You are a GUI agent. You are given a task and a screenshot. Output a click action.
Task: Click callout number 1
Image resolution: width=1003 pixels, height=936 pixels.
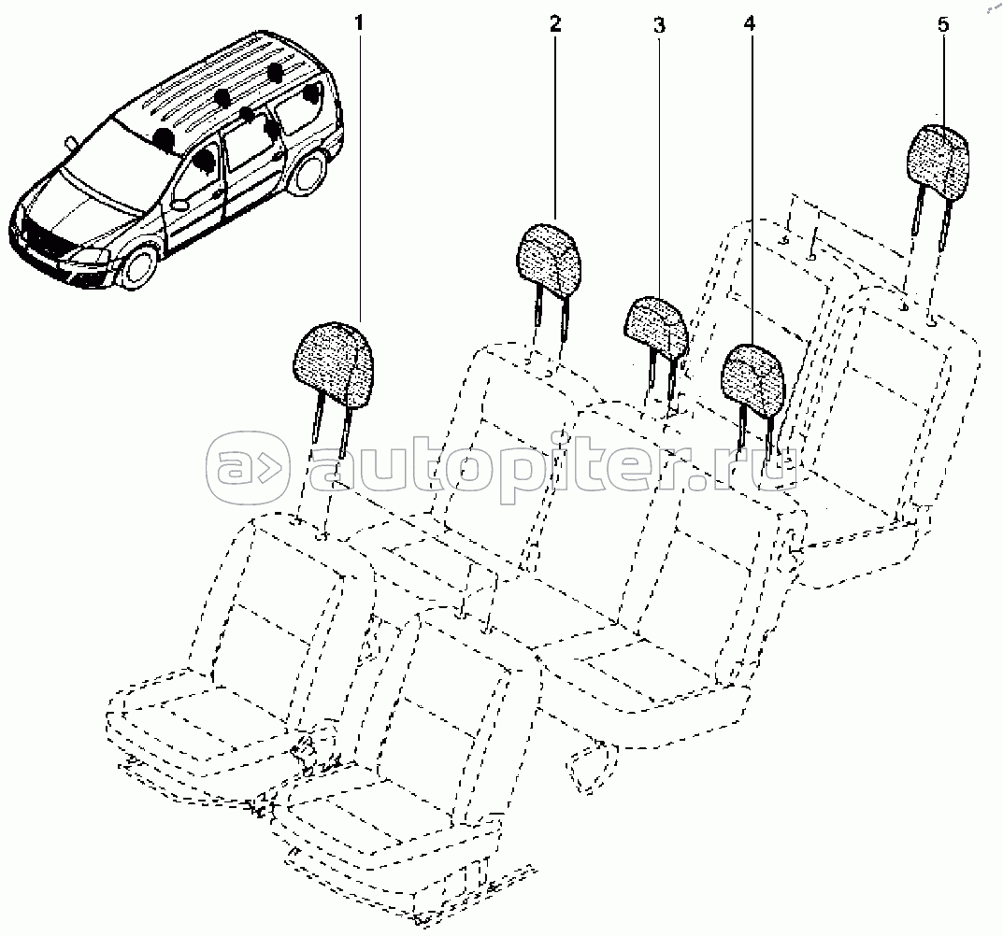tap(359, 23)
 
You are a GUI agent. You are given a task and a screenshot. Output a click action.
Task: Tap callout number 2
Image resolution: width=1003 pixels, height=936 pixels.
tap(554, 23)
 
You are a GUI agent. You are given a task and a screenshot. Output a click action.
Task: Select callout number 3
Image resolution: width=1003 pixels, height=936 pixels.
tap(659, 25)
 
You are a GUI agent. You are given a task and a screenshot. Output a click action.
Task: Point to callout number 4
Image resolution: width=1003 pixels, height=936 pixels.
tap(749, 23)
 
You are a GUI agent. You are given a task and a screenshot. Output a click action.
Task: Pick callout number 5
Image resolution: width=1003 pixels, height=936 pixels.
tap(943, 25)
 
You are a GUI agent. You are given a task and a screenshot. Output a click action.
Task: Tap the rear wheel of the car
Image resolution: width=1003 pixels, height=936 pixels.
tap(311, 171)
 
